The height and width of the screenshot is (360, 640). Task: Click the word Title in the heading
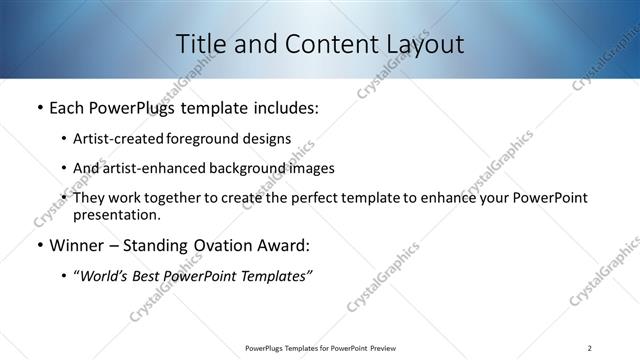(200, 44)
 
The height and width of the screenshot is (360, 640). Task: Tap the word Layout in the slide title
(421, 44)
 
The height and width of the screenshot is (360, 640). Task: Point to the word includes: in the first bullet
(283, 107)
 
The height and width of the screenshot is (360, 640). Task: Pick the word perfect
(319, 198)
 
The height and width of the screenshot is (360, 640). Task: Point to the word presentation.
(116, 214)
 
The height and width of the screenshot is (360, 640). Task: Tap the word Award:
(285, 245)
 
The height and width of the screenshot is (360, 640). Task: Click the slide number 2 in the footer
(590, 348)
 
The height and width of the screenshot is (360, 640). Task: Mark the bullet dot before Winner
(39, 245)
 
